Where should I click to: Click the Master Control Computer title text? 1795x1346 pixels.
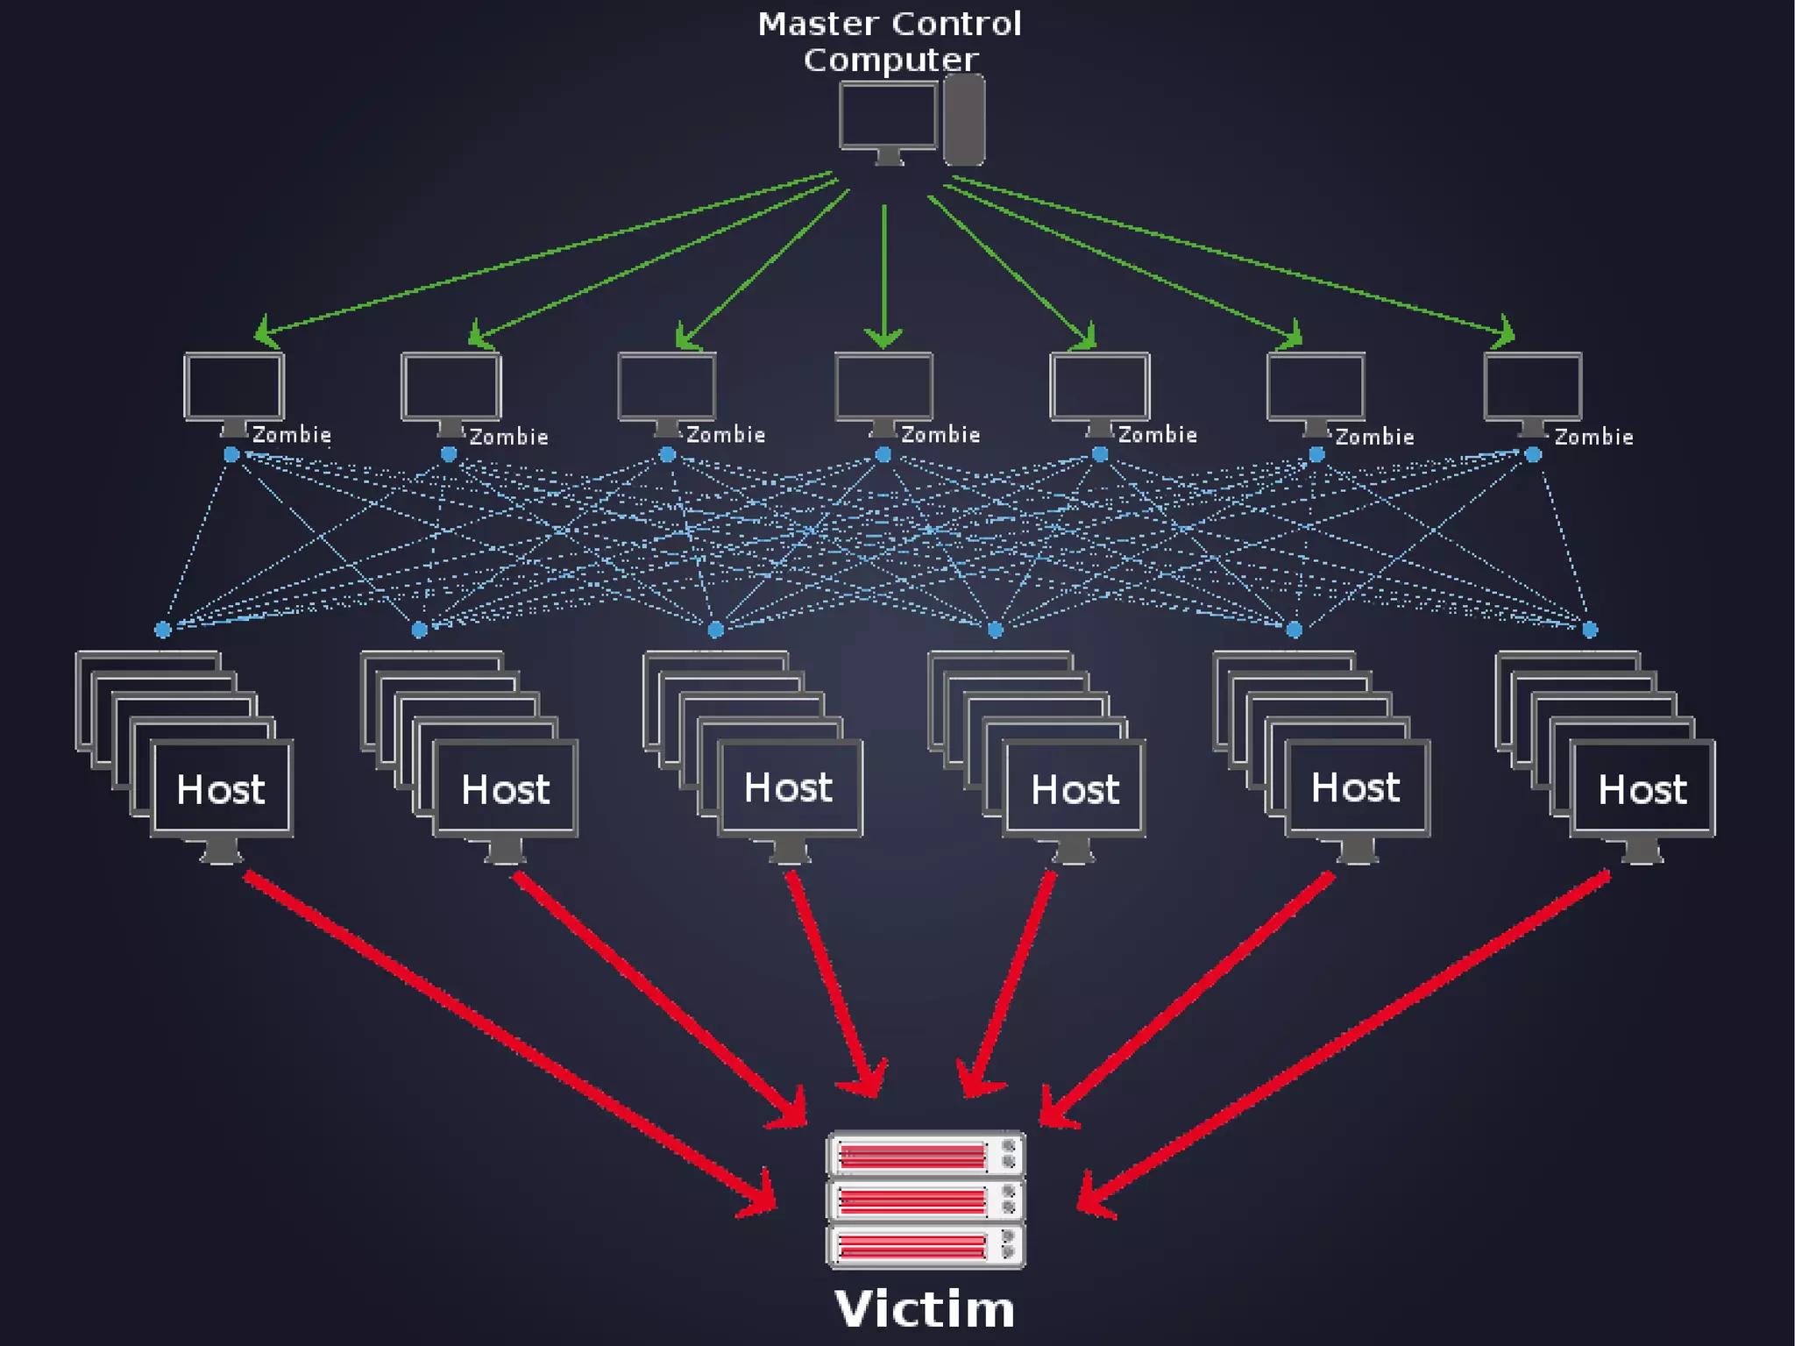[890, 41]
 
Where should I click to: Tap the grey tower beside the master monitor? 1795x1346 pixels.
[964, 119]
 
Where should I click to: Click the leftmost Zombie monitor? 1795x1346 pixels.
[234, 387]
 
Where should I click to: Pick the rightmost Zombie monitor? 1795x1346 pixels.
[1533, 387]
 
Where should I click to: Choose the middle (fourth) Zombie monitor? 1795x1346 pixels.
[883, 387]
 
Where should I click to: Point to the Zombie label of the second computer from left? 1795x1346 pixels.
[508, 437]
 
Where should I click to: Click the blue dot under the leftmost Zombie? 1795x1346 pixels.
[231, 454]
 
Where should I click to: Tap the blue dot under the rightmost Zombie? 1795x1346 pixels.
[1533, 454]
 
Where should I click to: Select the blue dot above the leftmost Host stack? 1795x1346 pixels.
[162, 630]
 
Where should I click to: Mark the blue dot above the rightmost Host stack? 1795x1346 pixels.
[1590, 630]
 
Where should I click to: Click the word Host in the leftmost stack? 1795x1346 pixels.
[221, 790]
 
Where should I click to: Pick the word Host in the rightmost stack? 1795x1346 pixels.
[1642, 790]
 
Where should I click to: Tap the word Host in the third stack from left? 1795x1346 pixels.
[788, 787]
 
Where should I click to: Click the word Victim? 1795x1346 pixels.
[925, 1310]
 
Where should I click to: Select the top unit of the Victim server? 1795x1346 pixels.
[926, 1154]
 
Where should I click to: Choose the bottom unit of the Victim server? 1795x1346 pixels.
[926, 1245]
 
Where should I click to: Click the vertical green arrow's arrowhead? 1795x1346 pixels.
[883, 338]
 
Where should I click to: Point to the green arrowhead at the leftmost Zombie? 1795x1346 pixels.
[265, 334]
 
